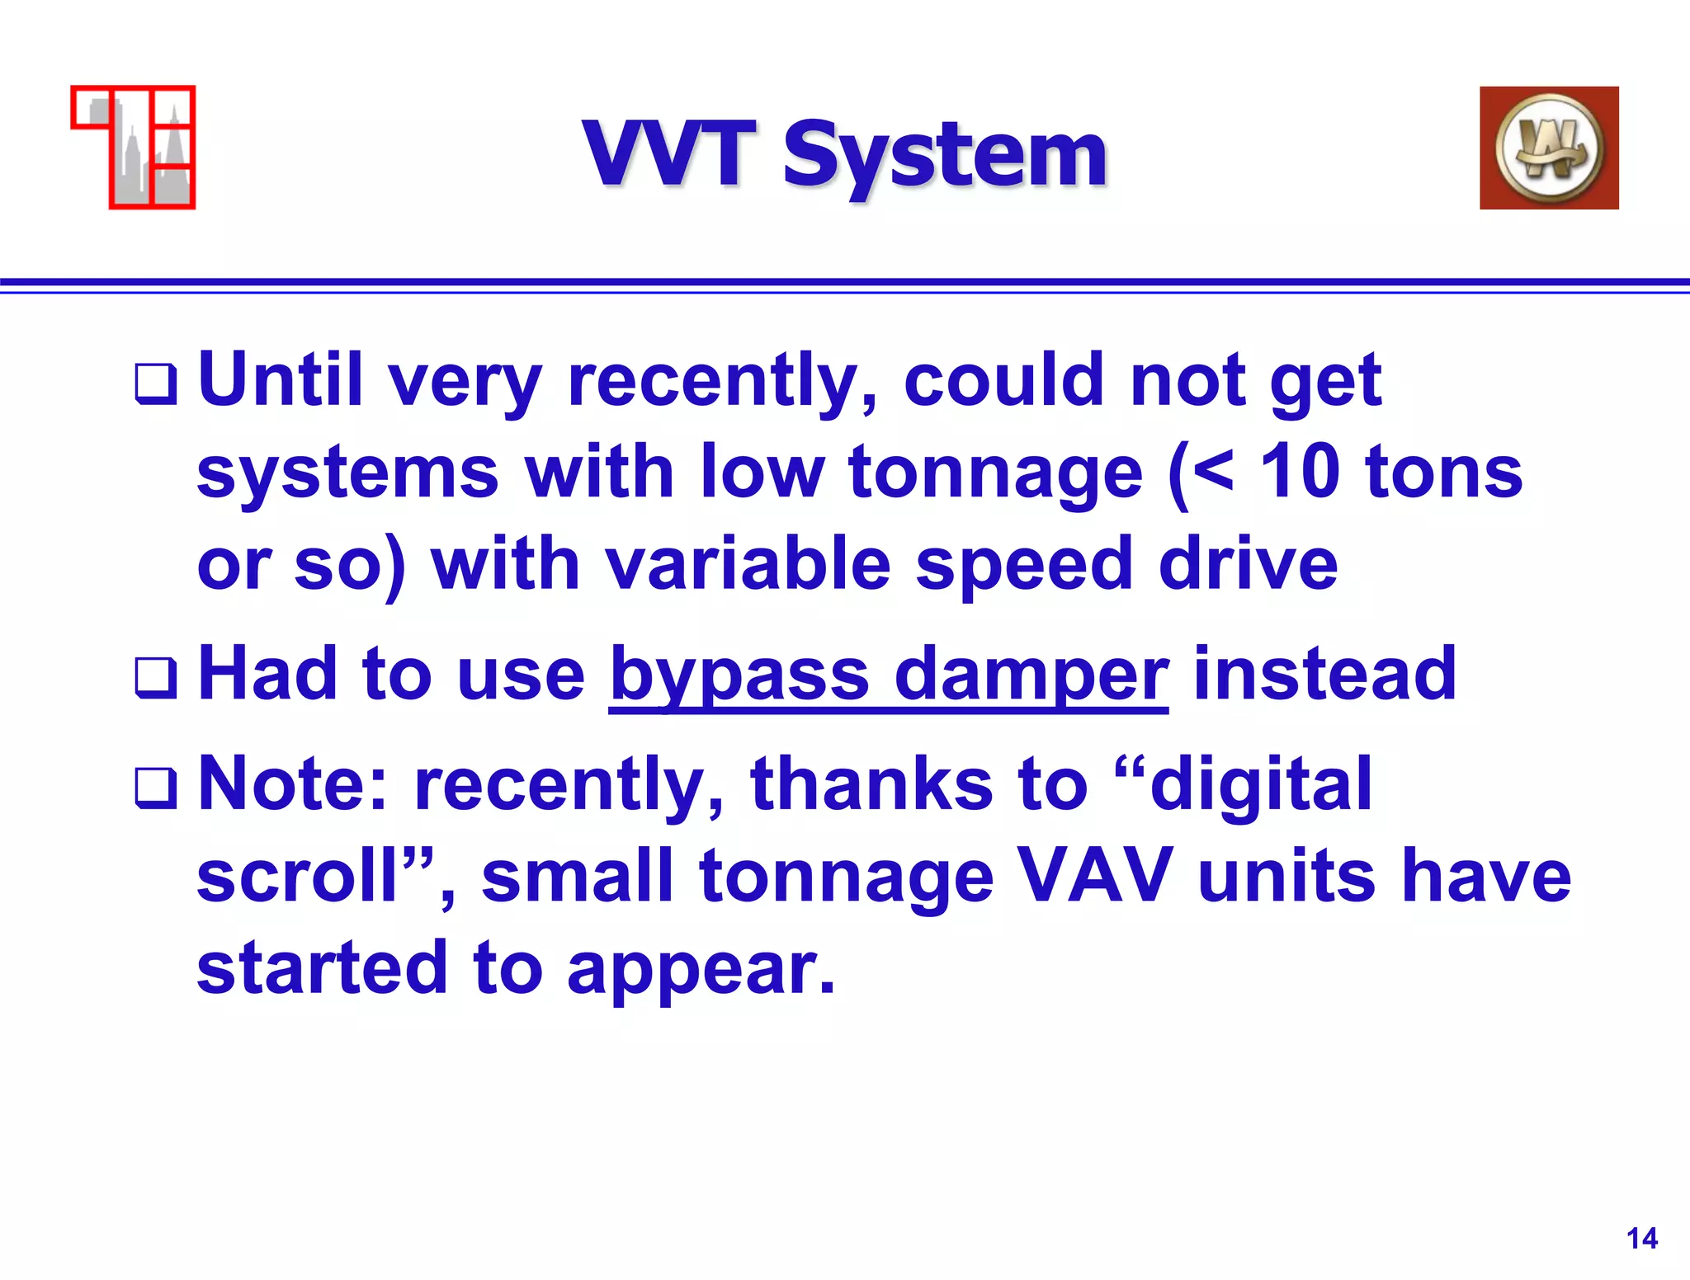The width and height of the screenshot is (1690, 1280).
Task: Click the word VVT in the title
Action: pos(669,154)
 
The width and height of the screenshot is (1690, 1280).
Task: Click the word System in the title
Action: pos(944,157)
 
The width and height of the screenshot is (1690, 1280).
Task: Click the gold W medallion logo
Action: pos(1549,148)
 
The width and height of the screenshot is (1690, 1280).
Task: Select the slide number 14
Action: pos(1641,1238)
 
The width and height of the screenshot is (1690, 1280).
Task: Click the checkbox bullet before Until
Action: pos(156,384)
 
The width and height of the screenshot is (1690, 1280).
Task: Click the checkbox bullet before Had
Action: pos(156,678)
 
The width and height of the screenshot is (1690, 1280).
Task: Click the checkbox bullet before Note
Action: pos(156,788)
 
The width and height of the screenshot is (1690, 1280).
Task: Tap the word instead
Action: pos(1325,674)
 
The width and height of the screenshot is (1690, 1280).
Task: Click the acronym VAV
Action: pos(1096,876)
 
